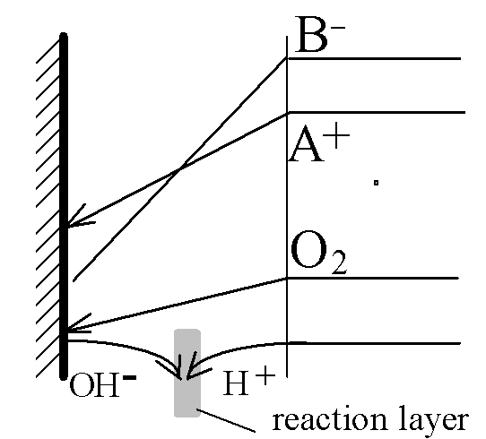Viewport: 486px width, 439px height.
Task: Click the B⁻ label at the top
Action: [320, 35]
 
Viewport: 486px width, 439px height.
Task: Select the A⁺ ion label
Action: [319, 144]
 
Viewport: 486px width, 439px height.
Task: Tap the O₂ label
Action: [318, 254]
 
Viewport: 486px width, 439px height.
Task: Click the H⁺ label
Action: [249, 383]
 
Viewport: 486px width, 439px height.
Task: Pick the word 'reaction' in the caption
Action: [329, 420]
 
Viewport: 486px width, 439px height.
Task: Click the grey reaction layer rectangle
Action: [187, 373]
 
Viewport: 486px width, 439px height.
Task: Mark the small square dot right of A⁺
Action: [376, 183]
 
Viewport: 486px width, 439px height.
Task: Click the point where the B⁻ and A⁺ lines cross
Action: [180, 168]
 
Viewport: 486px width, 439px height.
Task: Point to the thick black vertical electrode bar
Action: [64, 206]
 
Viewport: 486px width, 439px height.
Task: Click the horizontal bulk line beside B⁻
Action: [374, 58]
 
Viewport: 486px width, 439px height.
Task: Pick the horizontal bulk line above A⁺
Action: [377, 112]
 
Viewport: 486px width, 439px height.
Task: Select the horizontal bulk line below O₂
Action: [372, 279]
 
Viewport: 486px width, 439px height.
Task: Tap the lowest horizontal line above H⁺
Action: [374, 343]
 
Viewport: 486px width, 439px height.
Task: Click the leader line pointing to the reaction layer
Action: [226, 420]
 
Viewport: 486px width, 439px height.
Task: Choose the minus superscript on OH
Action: [130, 377]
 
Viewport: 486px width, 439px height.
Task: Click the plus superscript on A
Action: [336, 135]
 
